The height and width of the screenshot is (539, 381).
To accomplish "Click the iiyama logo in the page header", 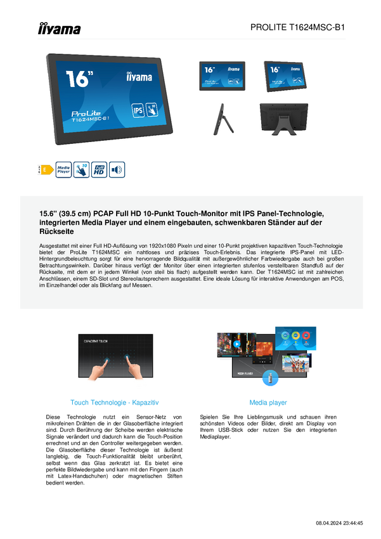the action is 59,29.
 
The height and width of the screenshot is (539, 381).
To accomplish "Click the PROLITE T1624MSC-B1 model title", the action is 297,27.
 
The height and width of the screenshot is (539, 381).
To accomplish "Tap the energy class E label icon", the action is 46,169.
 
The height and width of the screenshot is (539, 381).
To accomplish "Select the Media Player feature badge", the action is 63,169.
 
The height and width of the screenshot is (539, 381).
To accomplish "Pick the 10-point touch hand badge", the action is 81,169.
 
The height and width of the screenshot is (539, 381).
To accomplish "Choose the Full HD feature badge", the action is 99,169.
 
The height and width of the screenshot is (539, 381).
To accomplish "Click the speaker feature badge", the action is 117,169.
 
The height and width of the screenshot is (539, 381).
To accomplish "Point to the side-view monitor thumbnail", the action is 223,119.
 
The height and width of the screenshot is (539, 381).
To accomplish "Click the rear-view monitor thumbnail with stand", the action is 284,120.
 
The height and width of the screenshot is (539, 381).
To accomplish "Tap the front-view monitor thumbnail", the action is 223,76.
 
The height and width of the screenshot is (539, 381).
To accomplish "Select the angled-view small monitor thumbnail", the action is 285,76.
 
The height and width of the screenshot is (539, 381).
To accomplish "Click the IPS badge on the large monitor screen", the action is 138,110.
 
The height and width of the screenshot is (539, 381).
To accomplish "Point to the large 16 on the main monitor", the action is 79,79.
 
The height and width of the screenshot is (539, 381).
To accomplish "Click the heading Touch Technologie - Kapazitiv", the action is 114,403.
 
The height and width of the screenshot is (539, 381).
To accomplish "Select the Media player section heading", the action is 268,403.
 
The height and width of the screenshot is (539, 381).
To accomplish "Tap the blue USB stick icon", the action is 270,378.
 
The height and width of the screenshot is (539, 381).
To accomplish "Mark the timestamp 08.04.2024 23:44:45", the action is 339,523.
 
